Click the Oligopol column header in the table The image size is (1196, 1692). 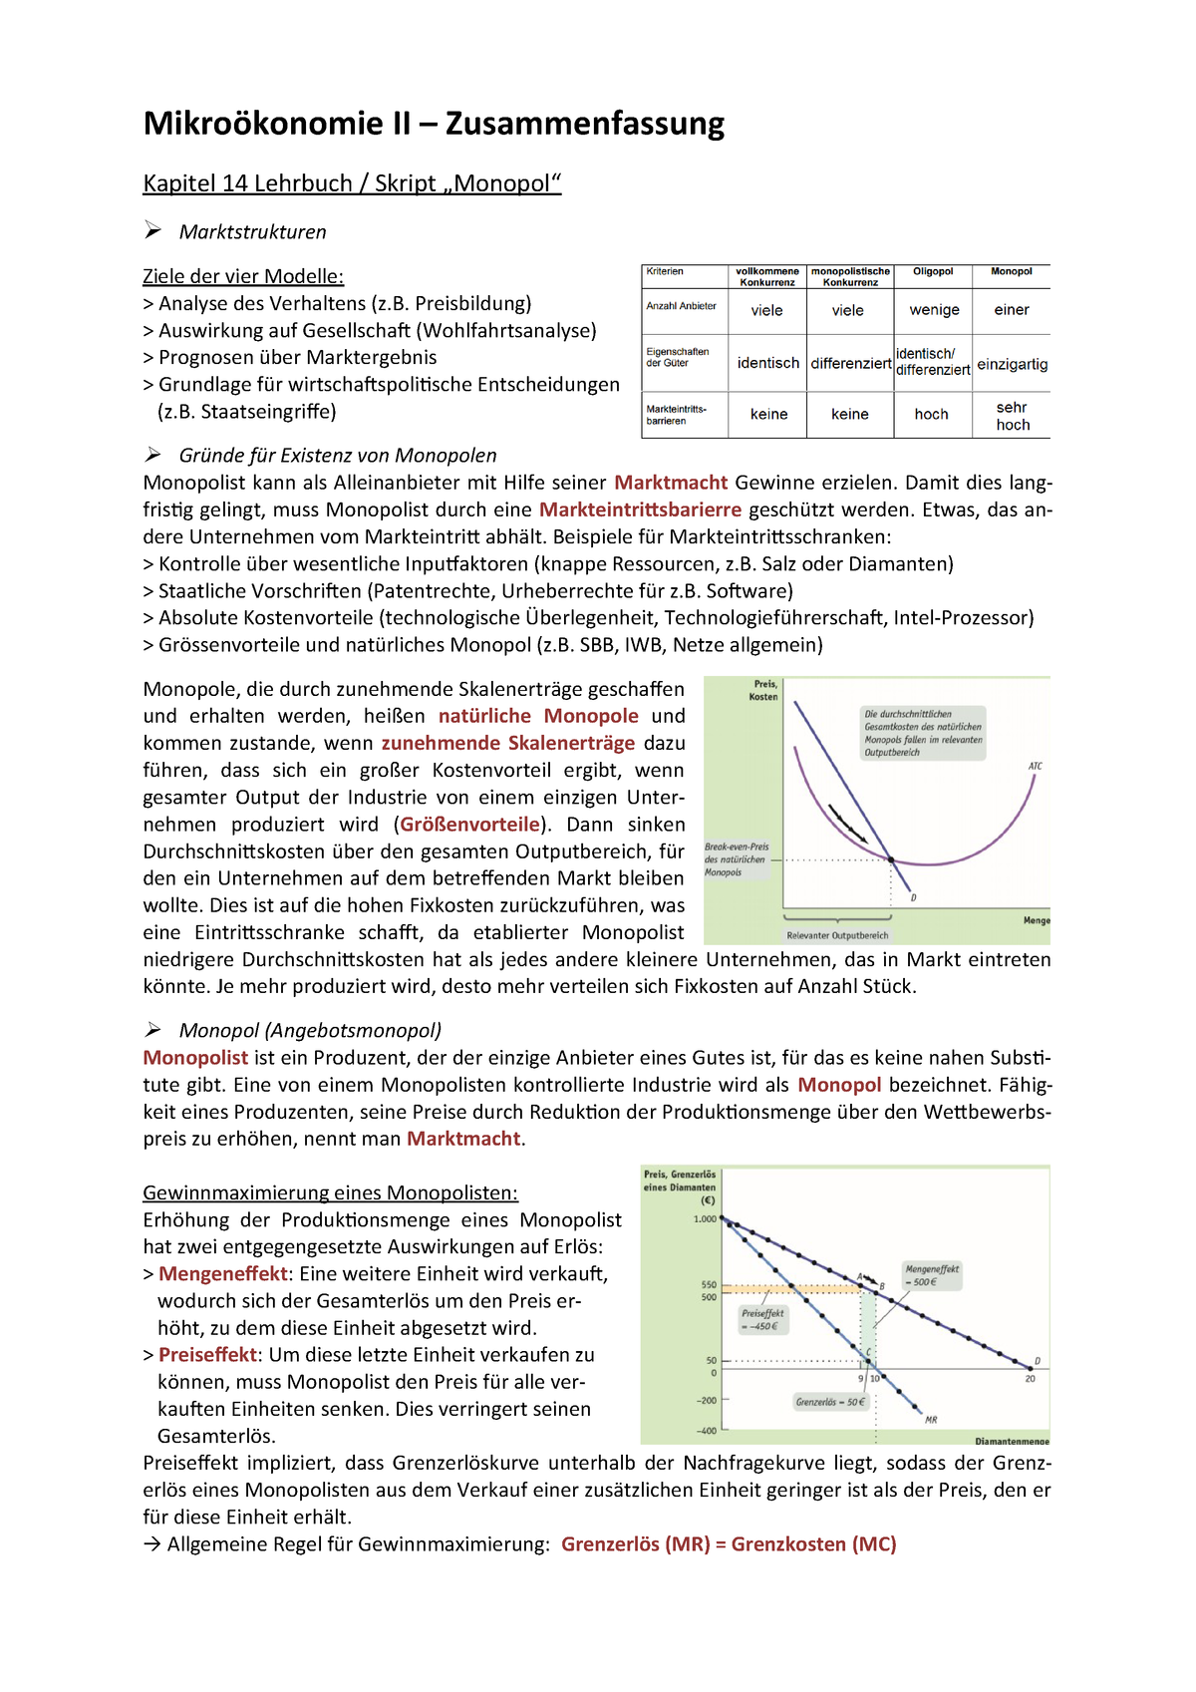(933, 271)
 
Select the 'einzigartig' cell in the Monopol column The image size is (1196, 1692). (1012, 364)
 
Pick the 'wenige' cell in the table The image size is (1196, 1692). (934, 310)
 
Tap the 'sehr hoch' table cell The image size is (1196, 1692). (1012, 416)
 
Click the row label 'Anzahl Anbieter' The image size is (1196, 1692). (681, 306)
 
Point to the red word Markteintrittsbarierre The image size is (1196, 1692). (640, 509)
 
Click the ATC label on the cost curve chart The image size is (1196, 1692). (1036, 766)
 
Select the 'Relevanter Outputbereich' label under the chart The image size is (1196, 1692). (837, 935)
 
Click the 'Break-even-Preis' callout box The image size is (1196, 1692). (737, 858)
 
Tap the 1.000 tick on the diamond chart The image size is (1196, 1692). (705, 1218)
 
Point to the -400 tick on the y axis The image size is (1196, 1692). (706, 1431)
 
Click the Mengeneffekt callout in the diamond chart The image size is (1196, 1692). (932, 1275)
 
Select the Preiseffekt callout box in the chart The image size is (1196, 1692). (762, 1319)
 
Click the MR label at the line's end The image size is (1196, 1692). (931, 1419)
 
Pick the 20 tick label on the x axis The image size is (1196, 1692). (1030, 1378)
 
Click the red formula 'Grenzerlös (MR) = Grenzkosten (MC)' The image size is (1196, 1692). (729, 1544)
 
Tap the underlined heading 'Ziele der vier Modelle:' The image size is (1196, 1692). (243, 276)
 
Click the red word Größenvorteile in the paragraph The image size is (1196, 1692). (469, 825)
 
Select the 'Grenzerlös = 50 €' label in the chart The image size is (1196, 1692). (830, 1402)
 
